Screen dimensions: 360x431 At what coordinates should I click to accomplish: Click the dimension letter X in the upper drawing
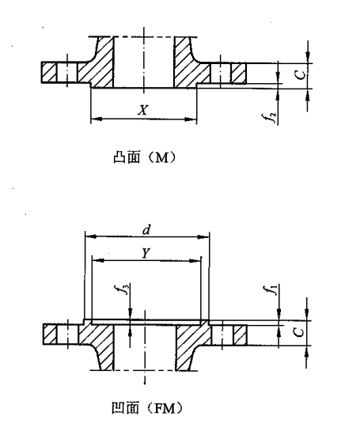[143, 110]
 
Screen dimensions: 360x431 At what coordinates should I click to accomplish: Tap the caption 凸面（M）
[144, 157]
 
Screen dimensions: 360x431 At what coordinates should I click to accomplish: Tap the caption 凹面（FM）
[147, 408]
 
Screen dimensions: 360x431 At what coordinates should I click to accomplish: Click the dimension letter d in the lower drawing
[146, 230]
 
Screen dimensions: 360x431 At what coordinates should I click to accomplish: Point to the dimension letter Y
[146, 253]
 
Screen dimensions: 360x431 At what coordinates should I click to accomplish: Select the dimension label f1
[273, 290]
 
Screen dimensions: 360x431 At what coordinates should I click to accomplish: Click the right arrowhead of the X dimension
[191, 119]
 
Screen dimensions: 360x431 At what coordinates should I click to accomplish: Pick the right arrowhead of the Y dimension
[195, 261]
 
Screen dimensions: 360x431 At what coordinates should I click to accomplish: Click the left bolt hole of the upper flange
[66, 72]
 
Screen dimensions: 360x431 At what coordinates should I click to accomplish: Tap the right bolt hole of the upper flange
[221, 74]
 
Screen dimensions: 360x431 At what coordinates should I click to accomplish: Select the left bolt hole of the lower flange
[67, 335]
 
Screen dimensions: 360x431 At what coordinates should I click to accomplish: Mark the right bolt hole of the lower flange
[222, 335]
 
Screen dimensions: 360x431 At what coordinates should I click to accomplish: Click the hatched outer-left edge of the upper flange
[49, 72]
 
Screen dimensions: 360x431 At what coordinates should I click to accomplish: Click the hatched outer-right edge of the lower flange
[240, 335]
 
